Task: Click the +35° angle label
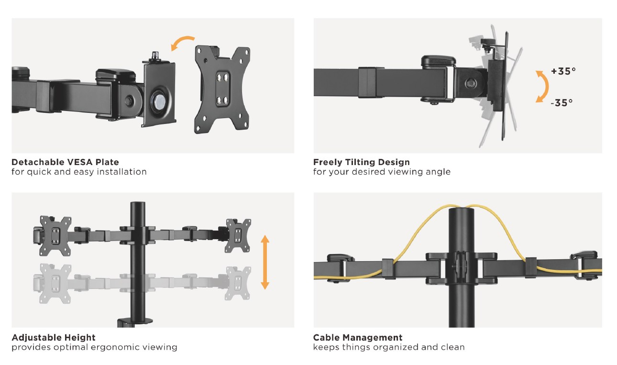pyautogui.click(x=563, y=71)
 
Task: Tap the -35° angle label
pyautogui.click(x=562, y=103)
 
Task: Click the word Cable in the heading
pyautogui.click(x=326, y=337)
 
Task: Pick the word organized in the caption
pyautogui.click(x=395, y=347)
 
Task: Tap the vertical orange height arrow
pyautogui.click(x=265, y=262)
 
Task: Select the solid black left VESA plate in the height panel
pyautogui.click(x=55, y=236)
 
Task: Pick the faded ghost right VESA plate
pyautogui.click(x=238, y=284)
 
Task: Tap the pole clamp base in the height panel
pyautogui.click(x=135, y=322)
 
